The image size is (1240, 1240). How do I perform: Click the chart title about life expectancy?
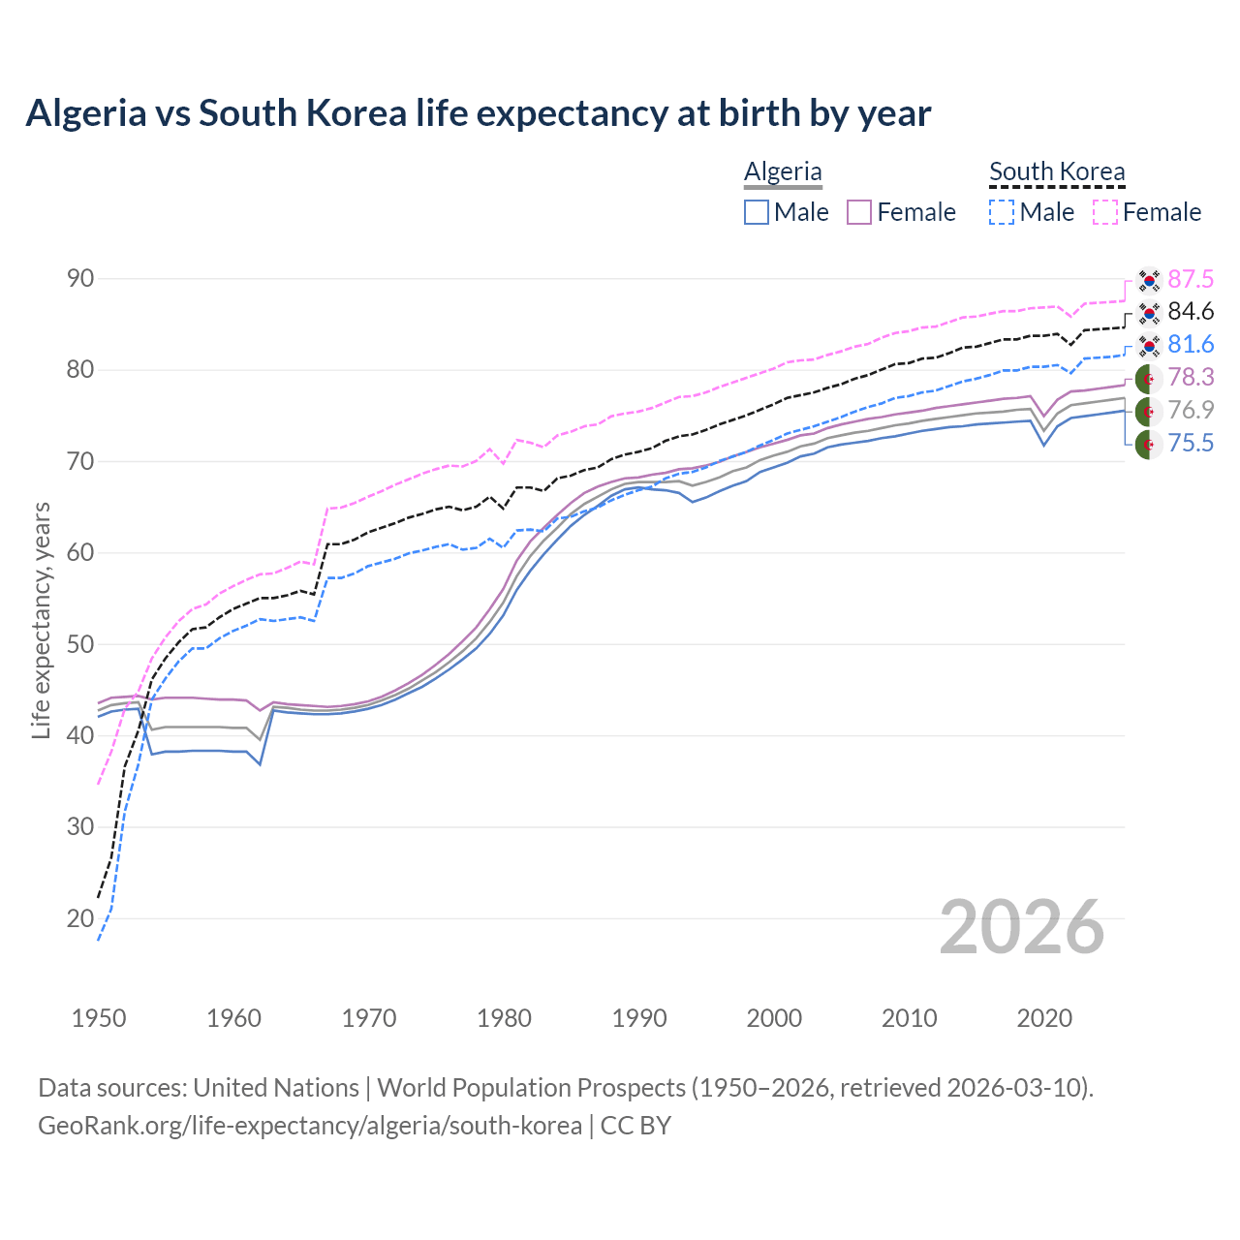[x=478, y=113]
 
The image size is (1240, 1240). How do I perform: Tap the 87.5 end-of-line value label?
[x=1191, y=280]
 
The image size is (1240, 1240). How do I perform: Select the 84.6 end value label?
[x=1191, y=312]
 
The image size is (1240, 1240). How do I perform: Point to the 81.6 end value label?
[x=1191, y=345]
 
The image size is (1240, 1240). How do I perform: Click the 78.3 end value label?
[x=1191, y=378]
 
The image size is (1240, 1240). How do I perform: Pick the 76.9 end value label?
[x=1191, y=411]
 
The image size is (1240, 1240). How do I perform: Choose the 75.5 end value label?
[x=1191, y=444]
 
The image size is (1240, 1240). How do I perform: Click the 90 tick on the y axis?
[x=80, y=279]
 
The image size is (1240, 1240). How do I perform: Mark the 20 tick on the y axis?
[x=80, y=918]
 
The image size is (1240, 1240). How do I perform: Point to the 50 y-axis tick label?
[x=80, y=644]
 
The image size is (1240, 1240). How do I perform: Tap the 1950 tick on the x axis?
[x=99, y=1018]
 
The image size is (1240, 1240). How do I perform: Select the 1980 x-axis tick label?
[x=504, y=1018]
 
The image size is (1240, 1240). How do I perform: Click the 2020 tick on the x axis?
[x=1044, y=1018]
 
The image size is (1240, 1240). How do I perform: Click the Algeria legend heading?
[x=783, y=171]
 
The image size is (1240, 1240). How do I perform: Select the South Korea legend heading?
[x=1057, y=171]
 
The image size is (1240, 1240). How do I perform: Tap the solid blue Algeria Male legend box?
[x=757, y=212]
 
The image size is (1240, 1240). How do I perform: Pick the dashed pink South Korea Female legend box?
[x=1105, y=212]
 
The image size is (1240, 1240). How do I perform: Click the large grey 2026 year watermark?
[x=1022, y=927]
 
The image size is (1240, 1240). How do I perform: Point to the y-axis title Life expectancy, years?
[x=41, y=620]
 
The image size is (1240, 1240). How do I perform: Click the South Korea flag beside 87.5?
[x=1149, y=280]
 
